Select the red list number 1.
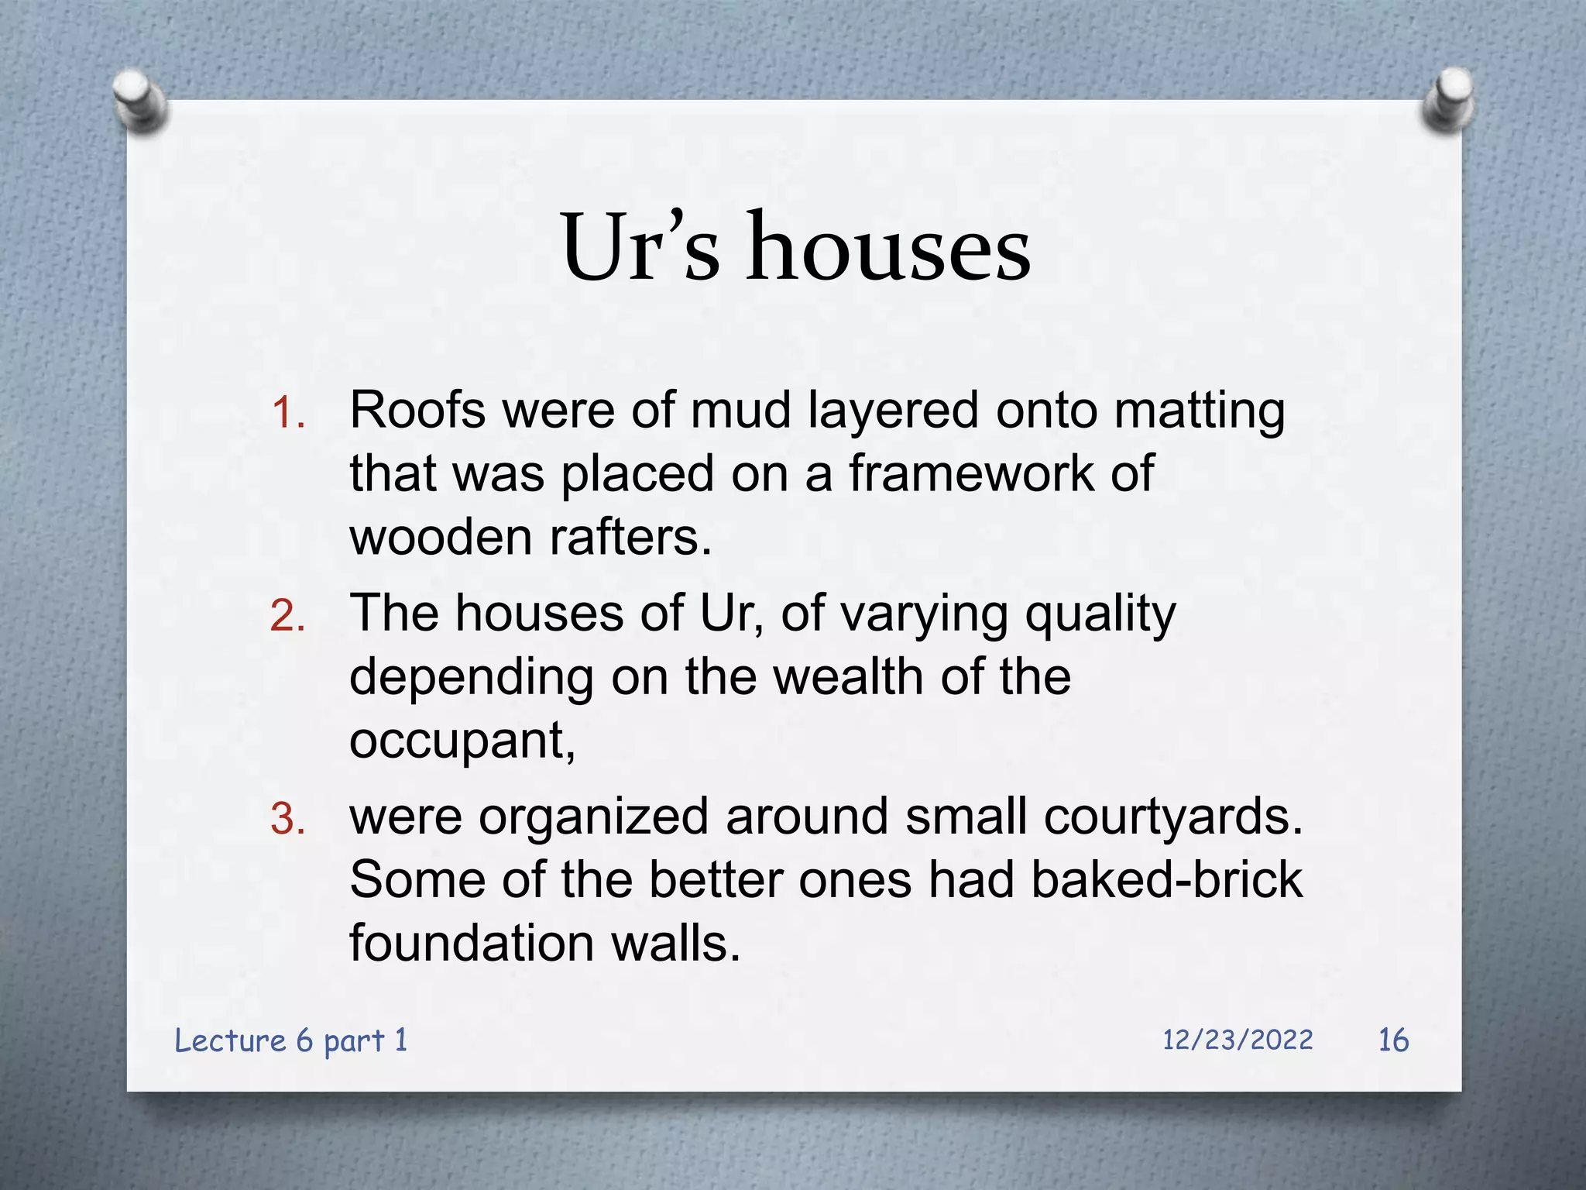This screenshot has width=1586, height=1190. click(287, 413)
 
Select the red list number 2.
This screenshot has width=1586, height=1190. click(287, 617)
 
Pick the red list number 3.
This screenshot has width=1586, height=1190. click(287, 820)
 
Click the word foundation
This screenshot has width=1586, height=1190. click(472, 944)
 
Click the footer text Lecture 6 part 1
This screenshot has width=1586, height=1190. click(291, 1040)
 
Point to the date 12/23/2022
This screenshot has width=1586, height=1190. click(1238, 1040)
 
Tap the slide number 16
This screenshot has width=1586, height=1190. click(1393, 1040)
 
